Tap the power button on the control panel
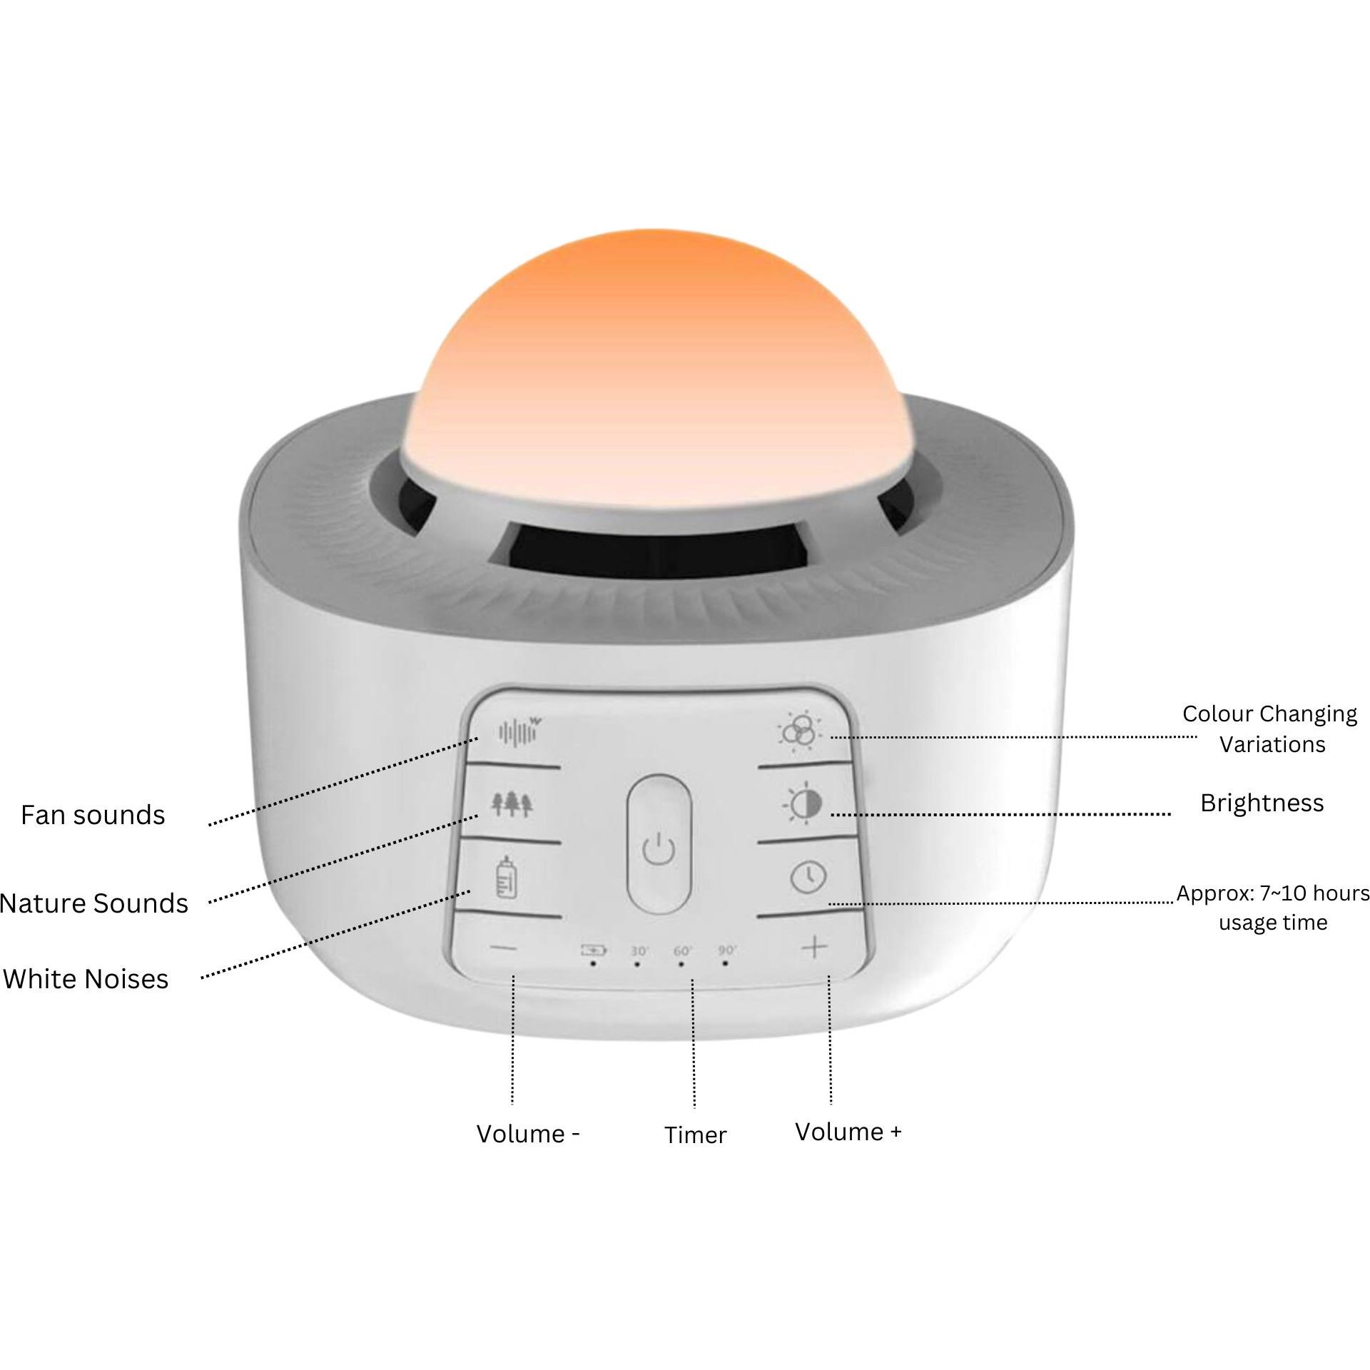pyautogui.click(x=659, y=843)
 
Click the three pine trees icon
pyautogui.click(x=512, y=804)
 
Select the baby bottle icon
pyautogui.click(x=506, y=877)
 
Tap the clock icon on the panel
pyautogui.click(x=808, y=876)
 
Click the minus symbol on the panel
pyautogui.click(x=504, y=948)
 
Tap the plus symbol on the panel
pyautogui.click(x=814, y=948)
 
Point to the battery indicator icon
pyautogui.click(x=593, y=950)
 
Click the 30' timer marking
pyautogui.click(x=639, y=951)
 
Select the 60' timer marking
pyautogui.click(x=683, y=951)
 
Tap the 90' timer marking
pyautogui.click(x=727, y=950)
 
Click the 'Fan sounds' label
pyautogui.click(x=93, y=815)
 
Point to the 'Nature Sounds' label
pyautogui.click(x=93, y=903)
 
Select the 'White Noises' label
pyautogui.click(x=86, y=978)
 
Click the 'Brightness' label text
pyautogui.click(x=1262, y=803)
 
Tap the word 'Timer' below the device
pyautogui.click(x=695, y=1135)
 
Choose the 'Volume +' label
pyautogui.click(x=848, y=1132)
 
